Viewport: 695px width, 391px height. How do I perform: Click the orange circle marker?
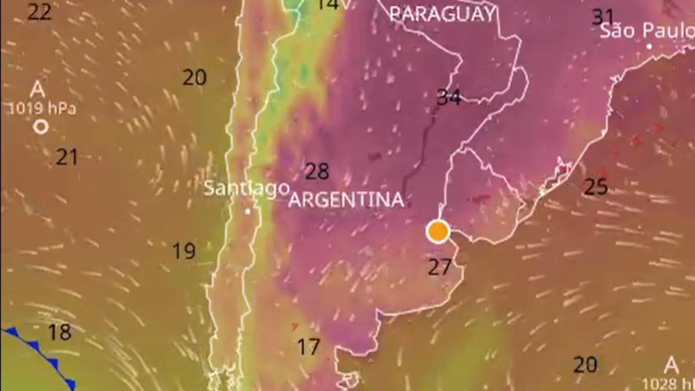(x=438, y=231)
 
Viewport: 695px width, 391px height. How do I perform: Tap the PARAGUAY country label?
(x=442, y=14)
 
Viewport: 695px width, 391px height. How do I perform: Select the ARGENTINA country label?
(x=346, y=200)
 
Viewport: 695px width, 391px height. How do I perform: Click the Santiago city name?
(x=246, y=188)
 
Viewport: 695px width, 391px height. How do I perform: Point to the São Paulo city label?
(x=646, y=31)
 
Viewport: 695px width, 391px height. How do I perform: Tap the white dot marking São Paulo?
(x=649, y=46)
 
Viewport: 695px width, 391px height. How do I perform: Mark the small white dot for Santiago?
(x=248, y=211)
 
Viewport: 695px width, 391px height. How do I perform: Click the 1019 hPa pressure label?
(x=42, y=109)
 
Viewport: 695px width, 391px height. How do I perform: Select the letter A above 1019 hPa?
(x=38, y=90)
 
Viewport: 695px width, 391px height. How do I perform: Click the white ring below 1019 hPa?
(x=41, y=127)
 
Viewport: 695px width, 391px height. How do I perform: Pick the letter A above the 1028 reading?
(x=671, y=366)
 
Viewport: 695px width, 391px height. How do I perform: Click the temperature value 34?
(x=449, y=97)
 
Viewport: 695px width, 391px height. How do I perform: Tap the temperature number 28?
(x=317, y=171)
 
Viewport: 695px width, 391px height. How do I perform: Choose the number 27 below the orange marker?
(x=440, y=267)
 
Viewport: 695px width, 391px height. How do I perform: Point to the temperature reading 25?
(x=595, y=187)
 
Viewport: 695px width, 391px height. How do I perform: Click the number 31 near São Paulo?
(x=602, y=17)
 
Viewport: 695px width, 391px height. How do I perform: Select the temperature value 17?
(x=308, y=347)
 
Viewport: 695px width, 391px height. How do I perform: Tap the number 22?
(x=39, y=12)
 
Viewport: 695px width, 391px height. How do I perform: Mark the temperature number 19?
(x=184, y=251)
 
